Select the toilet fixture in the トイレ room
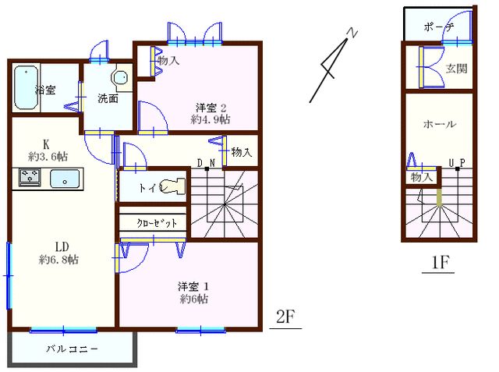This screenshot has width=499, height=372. pyautogui.click(x=173, y=187)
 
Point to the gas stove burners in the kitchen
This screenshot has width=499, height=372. pyautogui.click(x=28, y=179)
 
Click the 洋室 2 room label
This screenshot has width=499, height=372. pyautogui.click(x=211, y=108)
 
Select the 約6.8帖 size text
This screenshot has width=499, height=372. pyautogui.click(x=60, y=260)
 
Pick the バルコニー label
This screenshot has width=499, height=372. pyautogui.click(x=72, y=349)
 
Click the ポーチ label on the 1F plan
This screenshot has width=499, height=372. pyautogui.click(x=439, y=27)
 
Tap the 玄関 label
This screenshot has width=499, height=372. pyautogui.click(x=456, y=68)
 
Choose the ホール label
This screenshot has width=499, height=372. pyautogui.click(x=439, y=124)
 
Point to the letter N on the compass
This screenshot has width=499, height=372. pyautogui.click(x=352, y=34)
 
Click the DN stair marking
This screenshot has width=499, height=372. pyautogui.click(x=206, y=162)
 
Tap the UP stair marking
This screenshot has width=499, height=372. pyautogui.click(x=457, y=163)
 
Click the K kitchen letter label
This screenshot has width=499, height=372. pyautogui.click(x=47, y=144)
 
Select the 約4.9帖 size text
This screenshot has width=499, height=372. pyautogui.click(x=211, y=120)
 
